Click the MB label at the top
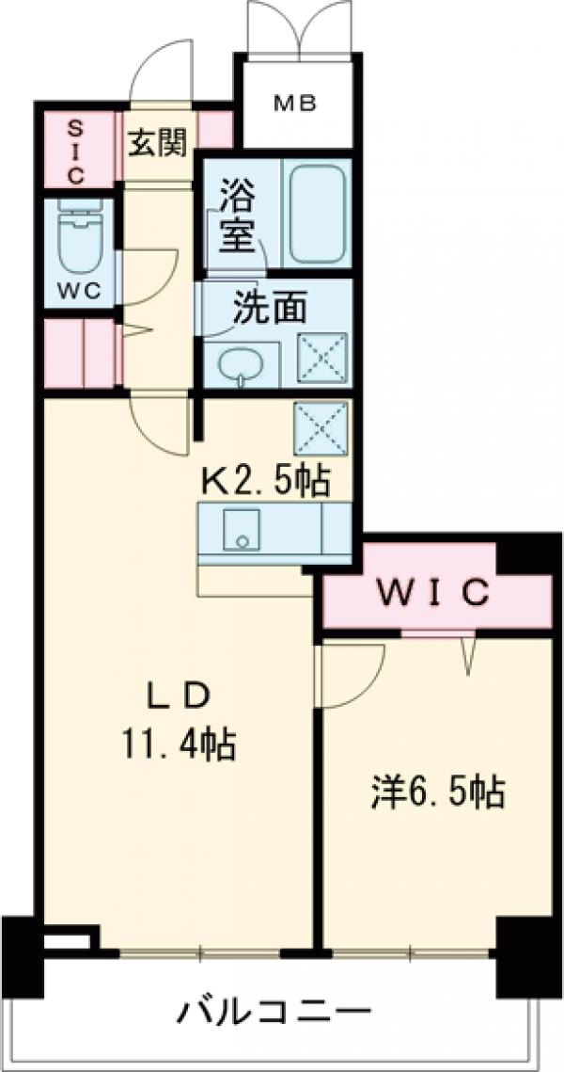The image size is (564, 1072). pyautogui.click(x=294, y=103)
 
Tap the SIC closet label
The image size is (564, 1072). pyautogui.click(x=75, y=150)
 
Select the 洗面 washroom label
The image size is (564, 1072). pyautogui.click(x=270, y=310)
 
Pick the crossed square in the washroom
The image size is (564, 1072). pyautogui.click(x=322, y=359)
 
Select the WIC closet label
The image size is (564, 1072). pyautogui.click(x=433, y=593)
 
